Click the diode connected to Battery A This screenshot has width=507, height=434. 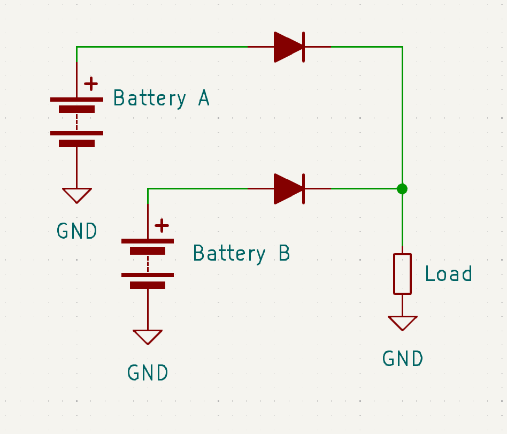289,47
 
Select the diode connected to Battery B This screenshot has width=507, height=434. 289,188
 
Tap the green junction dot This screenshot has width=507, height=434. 402,188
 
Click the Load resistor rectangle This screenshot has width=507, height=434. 402,273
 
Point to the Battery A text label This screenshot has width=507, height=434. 161,98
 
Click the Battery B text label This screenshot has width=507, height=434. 241,253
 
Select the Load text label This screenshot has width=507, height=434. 448,273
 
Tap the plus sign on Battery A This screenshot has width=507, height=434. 91,83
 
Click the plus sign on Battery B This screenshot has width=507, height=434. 162,225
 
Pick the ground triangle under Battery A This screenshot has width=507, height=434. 76,194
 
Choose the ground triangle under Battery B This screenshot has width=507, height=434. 148,336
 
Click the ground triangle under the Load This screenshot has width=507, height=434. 402,322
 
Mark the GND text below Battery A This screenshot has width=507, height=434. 76,231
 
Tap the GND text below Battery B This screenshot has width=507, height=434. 148,372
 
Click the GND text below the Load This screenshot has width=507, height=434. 402,359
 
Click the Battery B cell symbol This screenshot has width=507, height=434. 148,263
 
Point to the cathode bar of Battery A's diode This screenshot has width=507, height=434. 303,47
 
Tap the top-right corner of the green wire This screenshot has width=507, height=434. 402,47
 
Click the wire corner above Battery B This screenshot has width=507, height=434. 148,188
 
